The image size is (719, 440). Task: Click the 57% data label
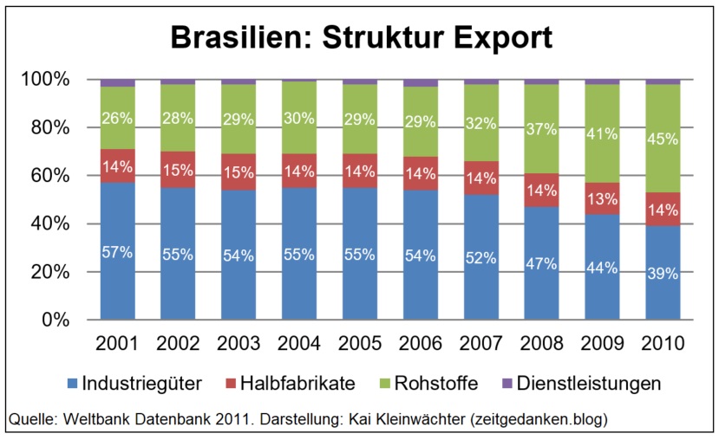coord(117,254)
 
